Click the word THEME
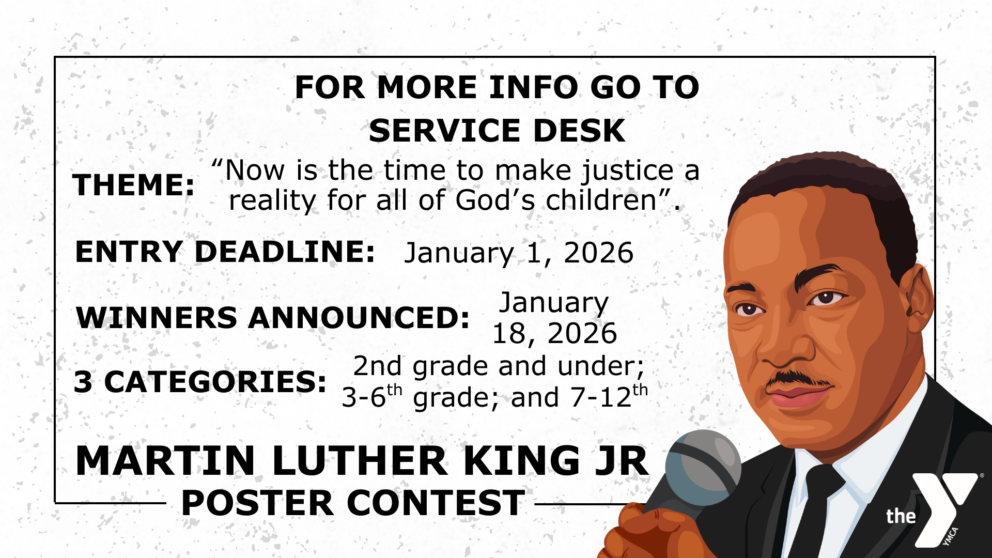tap(133, 185)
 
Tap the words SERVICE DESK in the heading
tap(497, 130)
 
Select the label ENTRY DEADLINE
tap(225, 252)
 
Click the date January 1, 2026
tap(518, 253)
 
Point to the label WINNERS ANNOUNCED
tap(273, 317)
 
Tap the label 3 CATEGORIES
tap(200, 382)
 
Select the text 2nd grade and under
tap(498, 366)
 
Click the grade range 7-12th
tap(609, 396)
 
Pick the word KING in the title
tap(522, 460)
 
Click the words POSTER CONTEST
tap(353, 503)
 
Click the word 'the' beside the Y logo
tap(901, 516)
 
